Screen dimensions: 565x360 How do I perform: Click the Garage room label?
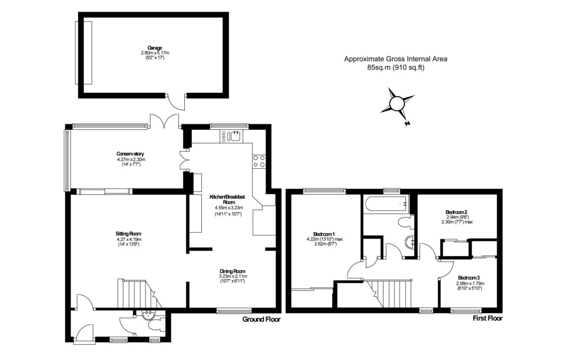point(154,48)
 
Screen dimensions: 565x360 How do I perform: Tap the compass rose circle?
point(397,103)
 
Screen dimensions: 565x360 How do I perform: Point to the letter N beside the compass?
point(407,124)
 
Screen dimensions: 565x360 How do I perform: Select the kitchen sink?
point(231,137)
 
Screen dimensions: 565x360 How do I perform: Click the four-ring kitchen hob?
point(259,161)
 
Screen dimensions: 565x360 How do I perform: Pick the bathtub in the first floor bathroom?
point(386,204)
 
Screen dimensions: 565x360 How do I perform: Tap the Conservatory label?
point(130,154)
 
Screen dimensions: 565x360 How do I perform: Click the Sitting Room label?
point(128,233)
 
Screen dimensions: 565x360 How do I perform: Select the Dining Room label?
point(232,271)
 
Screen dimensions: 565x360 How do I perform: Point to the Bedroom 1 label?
point(324,234)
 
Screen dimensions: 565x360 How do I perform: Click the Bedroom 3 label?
point(469,278)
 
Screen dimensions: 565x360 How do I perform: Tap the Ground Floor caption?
point(261,320)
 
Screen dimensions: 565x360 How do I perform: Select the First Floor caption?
point(488,318)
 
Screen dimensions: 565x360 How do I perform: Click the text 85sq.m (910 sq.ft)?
point(396,68)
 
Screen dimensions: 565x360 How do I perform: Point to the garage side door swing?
point(176,102)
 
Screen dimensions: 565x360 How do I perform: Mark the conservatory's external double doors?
point(164,121)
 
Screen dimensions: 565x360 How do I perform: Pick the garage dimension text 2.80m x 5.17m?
point(155,53)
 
